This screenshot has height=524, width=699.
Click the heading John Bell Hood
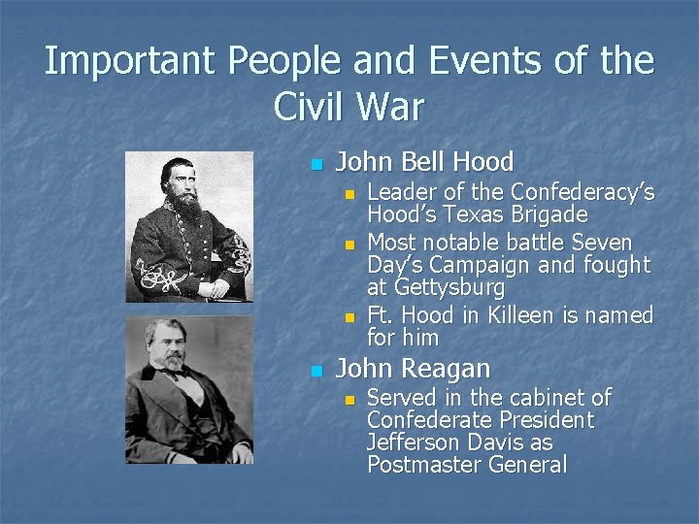tap(424, 162)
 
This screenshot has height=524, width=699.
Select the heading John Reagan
tap(413, 369)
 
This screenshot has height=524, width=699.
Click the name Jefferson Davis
tap(459, 442)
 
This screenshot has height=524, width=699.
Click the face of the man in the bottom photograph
tap(170, 344)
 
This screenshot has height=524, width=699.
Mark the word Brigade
tap(553, 214)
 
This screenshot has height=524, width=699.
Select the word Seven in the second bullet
tap(601, 242)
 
